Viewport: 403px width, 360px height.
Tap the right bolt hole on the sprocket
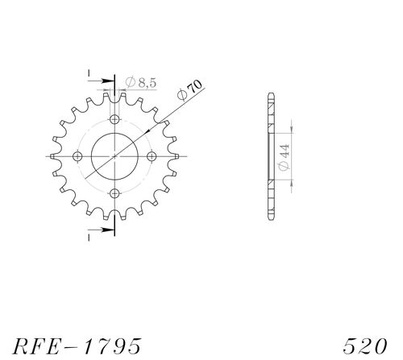tap(152, 155)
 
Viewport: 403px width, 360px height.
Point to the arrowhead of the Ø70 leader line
tap(164, 122)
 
